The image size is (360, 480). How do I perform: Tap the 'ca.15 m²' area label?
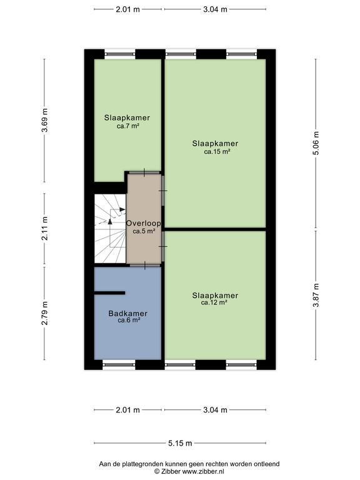[217, 151]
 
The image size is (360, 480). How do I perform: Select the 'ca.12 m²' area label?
[214, 302]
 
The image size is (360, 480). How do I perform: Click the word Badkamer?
[128, 314]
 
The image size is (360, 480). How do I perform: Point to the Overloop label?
[144, 224]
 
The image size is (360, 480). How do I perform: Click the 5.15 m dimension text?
[180, 443]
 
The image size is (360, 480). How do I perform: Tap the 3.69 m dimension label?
[45, 120]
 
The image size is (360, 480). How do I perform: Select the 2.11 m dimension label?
[45, 228]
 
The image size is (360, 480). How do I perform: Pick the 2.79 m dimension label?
[45, 313]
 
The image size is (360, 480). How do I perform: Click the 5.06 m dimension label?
[316, 143]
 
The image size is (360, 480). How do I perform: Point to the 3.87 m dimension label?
[316, 295]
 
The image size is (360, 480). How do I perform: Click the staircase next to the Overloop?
[110, 228]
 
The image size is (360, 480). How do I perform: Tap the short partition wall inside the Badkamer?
[109, 293]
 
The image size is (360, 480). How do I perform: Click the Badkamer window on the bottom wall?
[119, 364]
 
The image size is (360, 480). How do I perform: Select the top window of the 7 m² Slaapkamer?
[120, 54]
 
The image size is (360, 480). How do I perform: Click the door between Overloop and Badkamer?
[145, 265]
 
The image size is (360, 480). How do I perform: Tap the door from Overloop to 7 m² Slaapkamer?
[144, 172]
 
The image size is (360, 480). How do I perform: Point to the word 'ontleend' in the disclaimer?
[267, 464]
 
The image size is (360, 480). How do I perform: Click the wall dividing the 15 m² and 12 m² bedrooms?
[215, 229]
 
